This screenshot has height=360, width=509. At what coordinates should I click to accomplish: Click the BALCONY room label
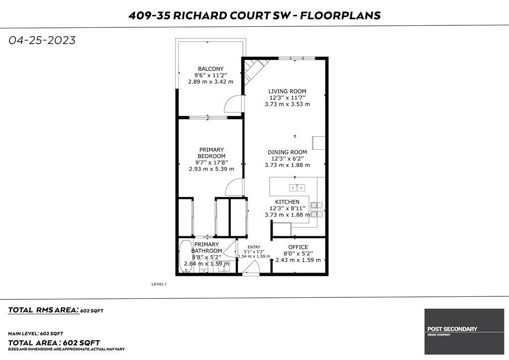(x=210, y=69)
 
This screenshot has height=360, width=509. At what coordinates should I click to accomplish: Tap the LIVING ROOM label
(x=287, y=91)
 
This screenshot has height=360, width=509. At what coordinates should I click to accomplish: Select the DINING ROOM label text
(x=287, y=152)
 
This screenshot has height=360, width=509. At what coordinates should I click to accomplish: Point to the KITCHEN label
(x=287, y=202)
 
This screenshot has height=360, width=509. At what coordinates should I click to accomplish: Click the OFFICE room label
(x=298, y=247)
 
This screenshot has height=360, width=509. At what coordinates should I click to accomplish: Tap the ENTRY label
(x=254, y=247)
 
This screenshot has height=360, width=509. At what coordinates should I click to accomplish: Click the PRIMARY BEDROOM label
(x=211, y=153)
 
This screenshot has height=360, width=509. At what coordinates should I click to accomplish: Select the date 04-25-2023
(x=42, y=40)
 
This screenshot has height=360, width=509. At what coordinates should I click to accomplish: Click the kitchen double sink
(x=297, y=187)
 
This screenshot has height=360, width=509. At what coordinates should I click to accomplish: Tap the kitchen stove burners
(x=317, y=209)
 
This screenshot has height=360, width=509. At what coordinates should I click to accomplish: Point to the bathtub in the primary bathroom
(x=186, y=257)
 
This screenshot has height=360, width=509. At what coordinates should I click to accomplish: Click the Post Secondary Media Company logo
(x=464, y=332)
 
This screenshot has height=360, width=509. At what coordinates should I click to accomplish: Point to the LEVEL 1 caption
(x=159, y=284)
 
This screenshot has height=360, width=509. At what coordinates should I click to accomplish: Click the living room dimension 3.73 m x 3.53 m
(x=287, y=104)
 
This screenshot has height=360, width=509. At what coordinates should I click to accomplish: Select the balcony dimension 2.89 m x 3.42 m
(x=210, y=82)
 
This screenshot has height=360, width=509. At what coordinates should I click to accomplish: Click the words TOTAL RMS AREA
(x=44, y=310)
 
